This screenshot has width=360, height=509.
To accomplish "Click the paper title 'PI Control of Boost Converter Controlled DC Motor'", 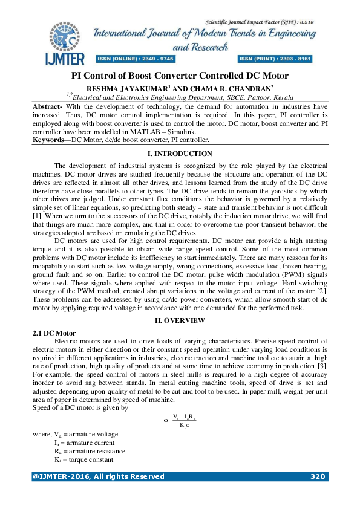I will tap(180, 76).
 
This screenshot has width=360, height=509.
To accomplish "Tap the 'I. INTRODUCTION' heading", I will tap(180, 154).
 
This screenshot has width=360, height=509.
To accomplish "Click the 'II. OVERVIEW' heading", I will tap(180, 320).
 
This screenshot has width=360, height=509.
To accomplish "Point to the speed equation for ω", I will tap(179, 421).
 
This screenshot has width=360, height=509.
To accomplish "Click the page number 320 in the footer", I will tap(318, 476).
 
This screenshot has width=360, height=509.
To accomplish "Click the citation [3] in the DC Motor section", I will tap(323, 366).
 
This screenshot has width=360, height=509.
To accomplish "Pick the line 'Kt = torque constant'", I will tap(84, 459).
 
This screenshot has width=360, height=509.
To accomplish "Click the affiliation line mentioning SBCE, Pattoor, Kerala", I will tap(180, 97).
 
